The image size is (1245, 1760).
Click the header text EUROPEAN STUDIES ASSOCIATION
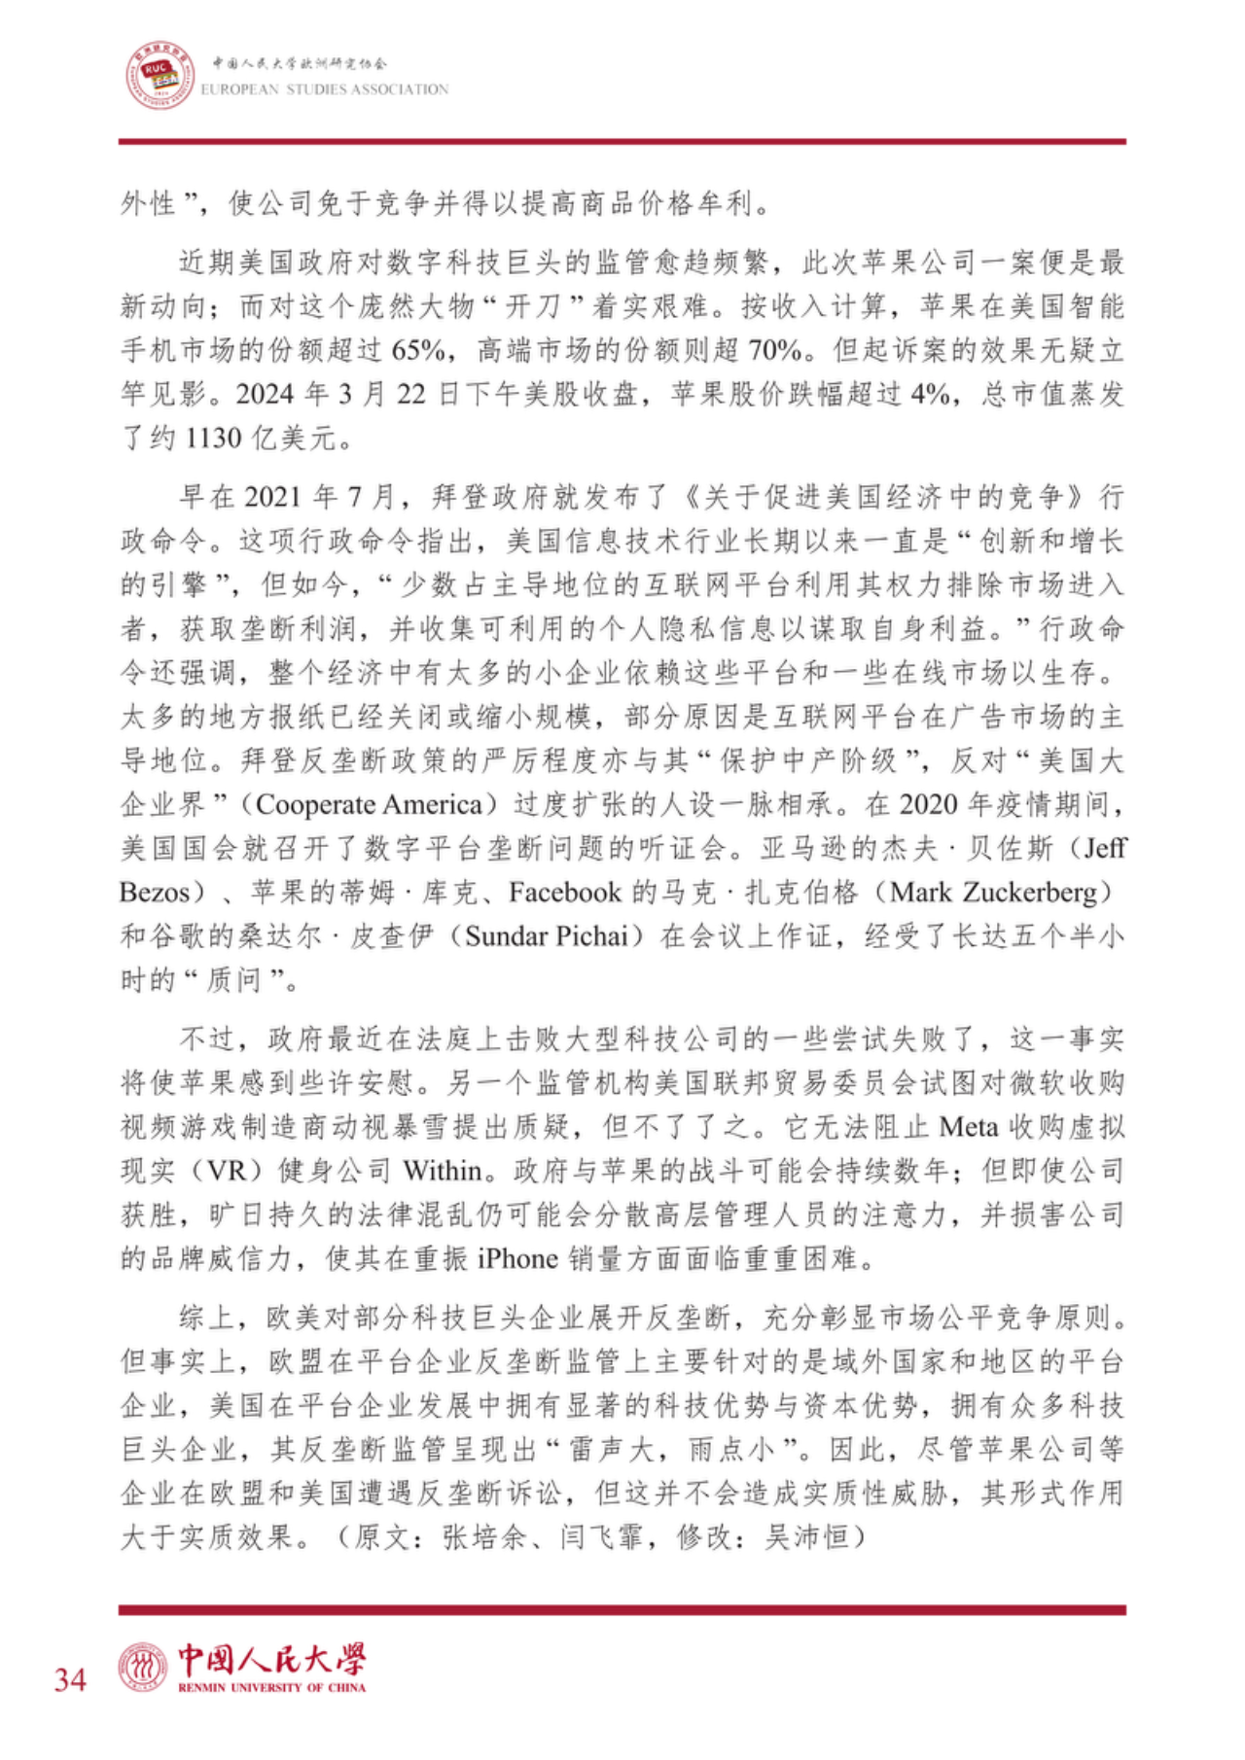pos(325,89)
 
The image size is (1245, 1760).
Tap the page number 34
pos(70,1679)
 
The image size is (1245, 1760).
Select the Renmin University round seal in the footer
pos(143,1667)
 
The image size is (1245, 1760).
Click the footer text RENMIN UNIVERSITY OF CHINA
pos(272,1687)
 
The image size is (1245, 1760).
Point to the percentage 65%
pos(419,350)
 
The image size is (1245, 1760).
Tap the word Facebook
pos(565,893)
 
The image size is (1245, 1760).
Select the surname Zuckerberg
pos(1035,893)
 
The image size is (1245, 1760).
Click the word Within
pos(443,1171)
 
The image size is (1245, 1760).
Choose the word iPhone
pos(516,1259)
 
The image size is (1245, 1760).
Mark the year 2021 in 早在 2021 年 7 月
pos(272,498)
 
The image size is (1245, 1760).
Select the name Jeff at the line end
pos(1104,849)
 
